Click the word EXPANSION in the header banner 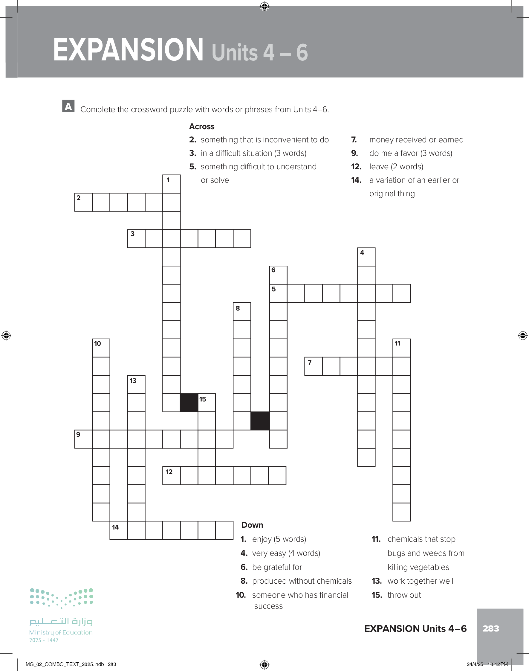(x=128, y=50)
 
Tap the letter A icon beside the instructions (x=68, y=106)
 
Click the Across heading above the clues (x=202, y=127)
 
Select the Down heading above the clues (x=252, y=525)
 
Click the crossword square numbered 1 (x=172, y=184)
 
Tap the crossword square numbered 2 (x=83, y=202)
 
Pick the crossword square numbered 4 (x=366, y=257)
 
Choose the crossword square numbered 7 (x=313, y=366)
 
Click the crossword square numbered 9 (x=83, y=439)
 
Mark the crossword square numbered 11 (x=401, y=348)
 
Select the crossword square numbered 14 (x=119, y=530)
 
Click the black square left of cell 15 (x=189, y=403)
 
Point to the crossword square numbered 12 (x=171, y=475)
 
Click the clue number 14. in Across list (x=356, y=180)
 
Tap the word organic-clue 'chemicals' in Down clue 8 (x=336, y=581)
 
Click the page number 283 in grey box (x=490, y=629)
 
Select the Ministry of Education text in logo (x=61, y=632)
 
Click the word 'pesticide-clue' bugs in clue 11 (x=395, y=553)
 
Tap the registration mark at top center (x=264, y=6)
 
